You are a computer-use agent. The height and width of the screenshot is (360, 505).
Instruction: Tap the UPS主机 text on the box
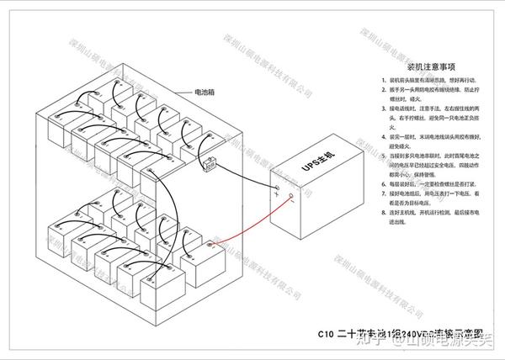pos(316,165)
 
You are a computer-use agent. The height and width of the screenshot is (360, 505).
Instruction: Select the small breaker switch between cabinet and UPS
pos(208,165)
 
